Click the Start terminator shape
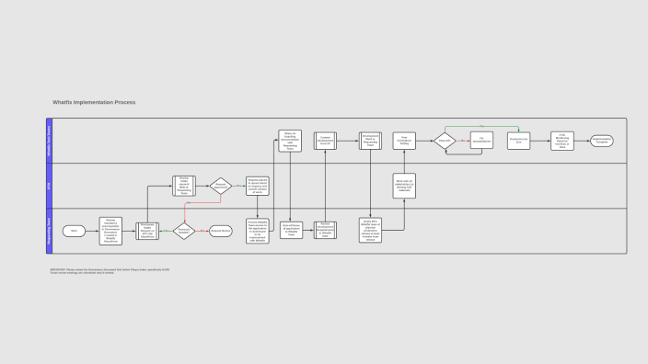74,231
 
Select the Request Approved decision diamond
221,186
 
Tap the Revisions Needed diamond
183,231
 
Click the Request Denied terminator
221,231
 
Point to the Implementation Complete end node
602,141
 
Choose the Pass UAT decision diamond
445,141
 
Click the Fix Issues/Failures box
481,141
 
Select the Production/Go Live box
518,141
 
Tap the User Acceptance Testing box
404,141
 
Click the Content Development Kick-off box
325,141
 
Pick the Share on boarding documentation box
290,141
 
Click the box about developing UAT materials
404,185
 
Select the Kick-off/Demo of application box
291,230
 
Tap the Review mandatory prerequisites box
110,231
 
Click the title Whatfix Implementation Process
94,102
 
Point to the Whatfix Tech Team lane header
49,141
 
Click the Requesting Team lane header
49,231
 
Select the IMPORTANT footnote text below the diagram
110,271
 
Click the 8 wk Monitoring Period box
562,141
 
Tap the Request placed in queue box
257,186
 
